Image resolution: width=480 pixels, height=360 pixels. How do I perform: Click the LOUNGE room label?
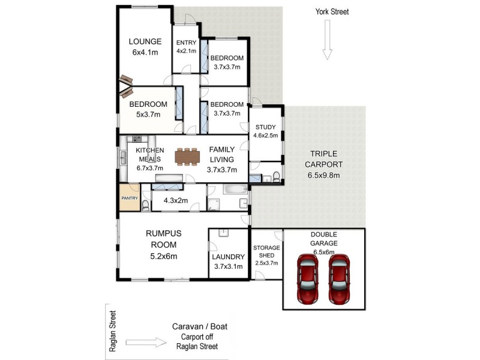pos(145,41)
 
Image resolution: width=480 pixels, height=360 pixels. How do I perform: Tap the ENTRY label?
pos(186,43)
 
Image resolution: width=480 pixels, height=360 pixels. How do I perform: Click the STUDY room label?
pos(265,127)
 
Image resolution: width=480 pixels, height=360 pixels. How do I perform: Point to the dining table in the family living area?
pos(187,156)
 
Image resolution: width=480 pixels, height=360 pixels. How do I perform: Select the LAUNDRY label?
pos(228,256)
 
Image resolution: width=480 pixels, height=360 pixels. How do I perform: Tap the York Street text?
pos(332,11)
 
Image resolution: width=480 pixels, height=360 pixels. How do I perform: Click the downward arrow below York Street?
pos(327,40)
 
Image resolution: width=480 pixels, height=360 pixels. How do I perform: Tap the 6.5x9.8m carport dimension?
pos(324,176)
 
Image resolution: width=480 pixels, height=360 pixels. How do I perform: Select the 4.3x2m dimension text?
pos(175,200)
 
